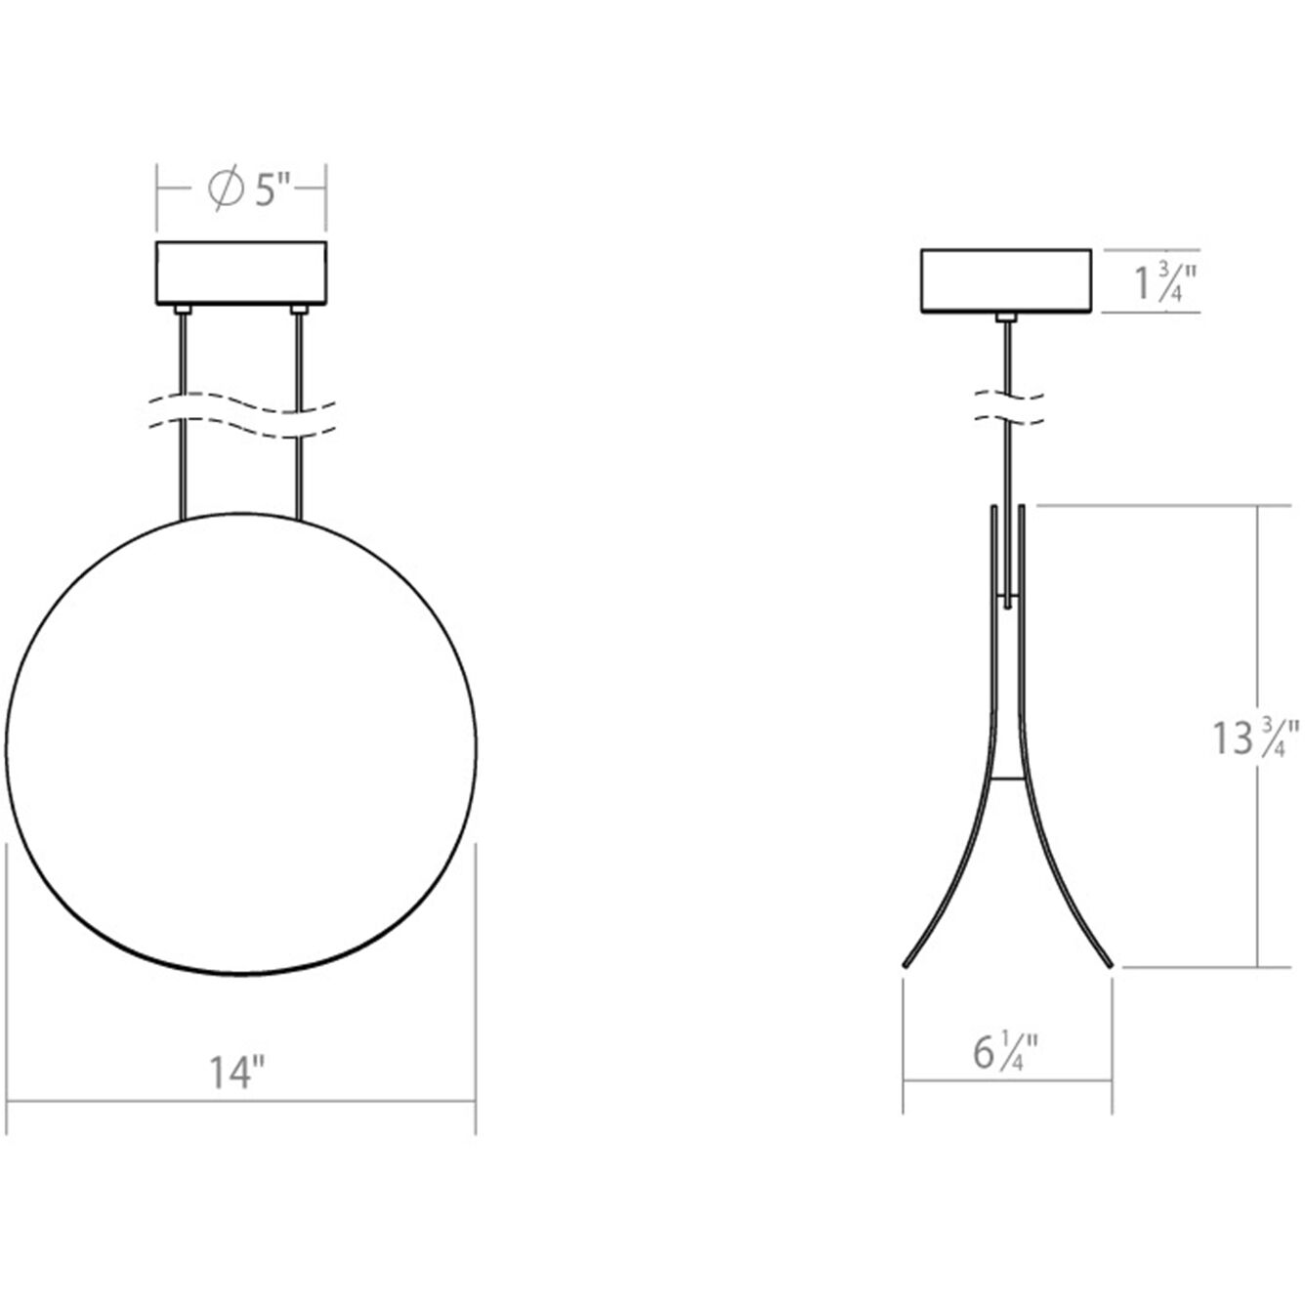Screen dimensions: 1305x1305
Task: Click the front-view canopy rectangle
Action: [241, 273]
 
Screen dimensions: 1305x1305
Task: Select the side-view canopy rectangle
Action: [1006, 281]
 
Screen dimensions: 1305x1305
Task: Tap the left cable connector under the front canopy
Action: [182, 311]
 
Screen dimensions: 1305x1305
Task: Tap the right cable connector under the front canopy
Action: [299, 311]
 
